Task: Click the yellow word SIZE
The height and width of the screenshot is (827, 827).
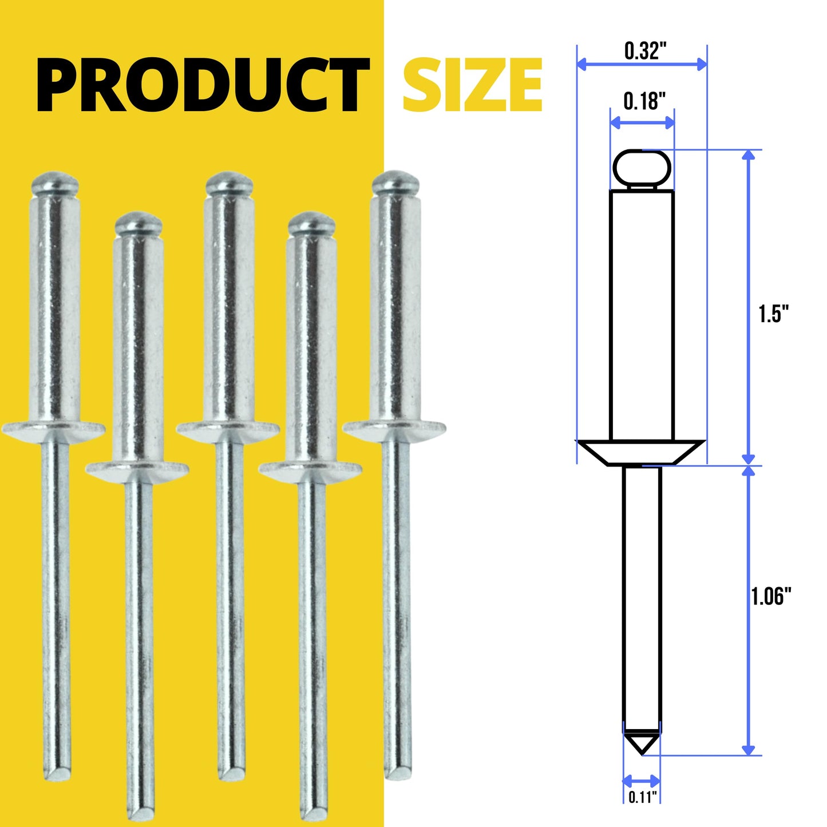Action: (x=472, y=85)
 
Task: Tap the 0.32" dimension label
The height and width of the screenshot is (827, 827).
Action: (x=645, y=51)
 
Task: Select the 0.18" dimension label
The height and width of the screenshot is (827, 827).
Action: (x=644, y=101)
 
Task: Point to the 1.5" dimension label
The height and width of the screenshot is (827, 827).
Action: (x=773, y=314)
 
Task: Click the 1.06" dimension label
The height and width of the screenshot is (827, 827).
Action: (x=771, y=596)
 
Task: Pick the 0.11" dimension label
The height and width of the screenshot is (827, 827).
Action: (x=642, y=797)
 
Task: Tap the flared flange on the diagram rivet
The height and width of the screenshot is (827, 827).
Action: (x=640, y=452)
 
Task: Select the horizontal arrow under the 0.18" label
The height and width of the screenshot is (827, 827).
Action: (x=642, y=122)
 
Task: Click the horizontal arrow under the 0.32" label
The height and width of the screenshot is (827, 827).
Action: (x=642, y=64)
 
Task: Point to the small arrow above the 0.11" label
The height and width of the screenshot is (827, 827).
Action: (x=642, y=781)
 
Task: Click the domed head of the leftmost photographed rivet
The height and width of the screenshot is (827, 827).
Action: (x=54, y=183)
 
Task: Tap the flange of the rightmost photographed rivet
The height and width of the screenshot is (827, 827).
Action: (x=394, y=428)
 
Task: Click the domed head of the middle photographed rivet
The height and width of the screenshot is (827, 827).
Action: (x=229, y=183)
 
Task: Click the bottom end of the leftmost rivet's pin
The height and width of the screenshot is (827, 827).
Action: (x=58, y=773)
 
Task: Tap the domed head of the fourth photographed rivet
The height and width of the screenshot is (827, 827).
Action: (x=311, y=224)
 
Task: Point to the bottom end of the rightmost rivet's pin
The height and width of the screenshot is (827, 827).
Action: (x=397, y=772)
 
